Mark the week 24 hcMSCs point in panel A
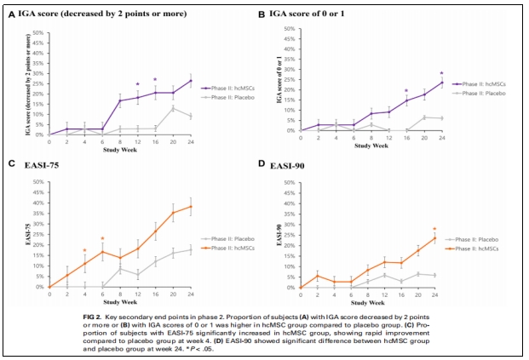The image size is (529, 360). coord(190,81)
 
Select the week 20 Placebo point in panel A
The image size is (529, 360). coord(173,108)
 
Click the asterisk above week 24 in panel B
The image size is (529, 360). coord(442,73)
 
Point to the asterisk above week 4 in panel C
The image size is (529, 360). coord(84,250)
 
